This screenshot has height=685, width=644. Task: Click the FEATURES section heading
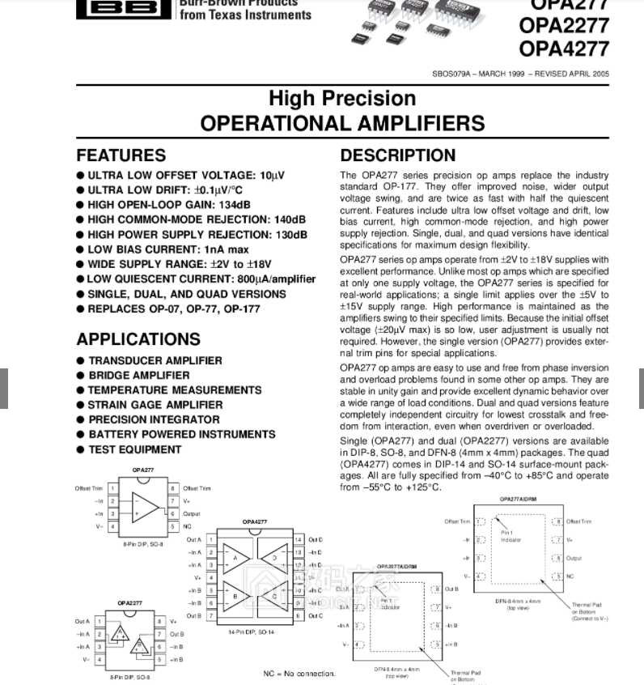121,155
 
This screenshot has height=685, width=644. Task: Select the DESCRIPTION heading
398,155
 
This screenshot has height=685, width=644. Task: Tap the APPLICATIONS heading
138,339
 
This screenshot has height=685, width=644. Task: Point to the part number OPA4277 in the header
564,49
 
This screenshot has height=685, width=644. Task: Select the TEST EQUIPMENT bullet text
134,449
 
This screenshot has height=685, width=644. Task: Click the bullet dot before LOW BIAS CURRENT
81,249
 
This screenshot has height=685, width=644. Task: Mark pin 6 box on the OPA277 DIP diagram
172,514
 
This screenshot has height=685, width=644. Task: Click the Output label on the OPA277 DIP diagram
191,514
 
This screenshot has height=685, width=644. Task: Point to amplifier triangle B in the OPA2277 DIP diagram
139,645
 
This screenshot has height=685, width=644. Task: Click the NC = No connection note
299,674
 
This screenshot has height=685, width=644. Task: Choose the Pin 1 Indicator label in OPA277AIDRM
511,536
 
